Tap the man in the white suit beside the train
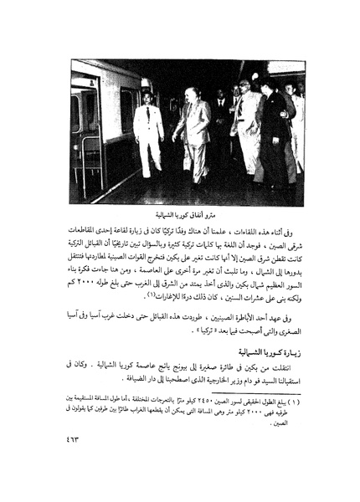(x=147, y=134)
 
